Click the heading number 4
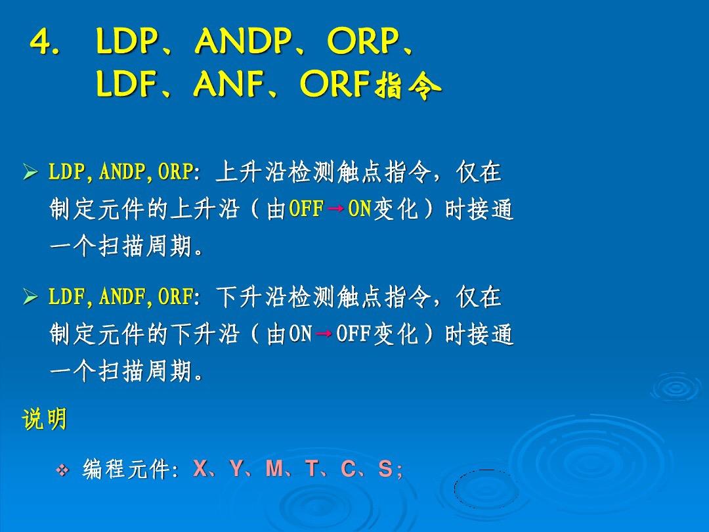[44, 43]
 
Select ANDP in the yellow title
[243, 41]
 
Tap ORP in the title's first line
[362, 41]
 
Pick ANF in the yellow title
[229, 84]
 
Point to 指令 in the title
[408, 85]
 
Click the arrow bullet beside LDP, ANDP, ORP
[30, 172]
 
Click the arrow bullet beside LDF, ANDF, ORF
[30, 297]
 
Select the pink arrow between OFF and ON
[335, 209]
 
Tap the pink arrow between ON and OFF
[324, 334]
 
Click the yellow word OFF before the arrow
[307, 209]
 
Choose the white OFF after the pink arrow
[354, 334]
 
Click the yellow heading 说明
[45, 419]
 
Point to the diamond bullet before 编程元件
[62, 470]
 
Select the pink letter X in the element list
[200, 468]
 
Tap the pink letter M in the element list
[274, 468]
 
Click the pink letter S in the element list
[385, 469]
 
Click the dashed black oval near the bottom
[486, 489]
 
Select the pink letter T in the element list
[312, 468]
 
